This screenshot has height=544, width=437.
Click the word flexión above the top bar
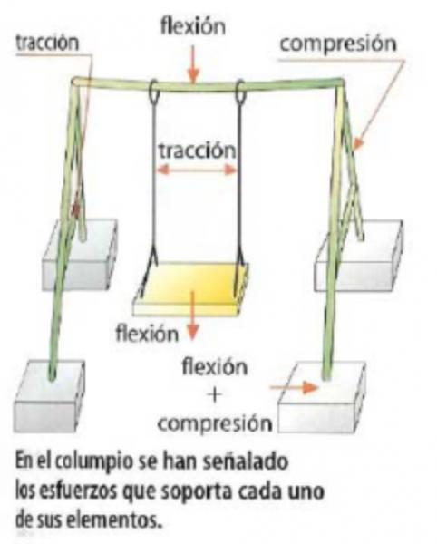[x=193, y=26]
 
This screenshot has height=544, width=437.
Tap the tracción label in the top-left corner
[x=47, y=43]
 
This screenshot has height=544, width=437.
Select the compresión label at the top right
[x=338, y=45]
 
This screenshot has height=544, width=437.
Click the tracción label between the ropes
[x=197, y=151]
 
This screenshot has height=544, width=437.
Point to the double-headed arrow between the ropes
[x=197, y=170]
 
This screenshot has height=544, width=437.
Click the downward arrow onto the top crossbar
[x=193, y=64]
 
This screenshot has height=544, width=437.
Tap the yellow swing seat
[x=191, y=288]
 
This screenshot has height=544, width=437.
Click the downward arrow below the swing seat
[x=193, y=316]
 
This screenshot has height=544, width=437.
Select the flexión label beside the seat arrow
[x=147, y=334]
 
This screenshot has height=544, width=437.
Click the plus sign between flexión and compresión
[x=215, y=395]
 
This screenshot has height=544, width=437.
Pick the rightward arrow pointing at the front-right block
[x=294, y=387]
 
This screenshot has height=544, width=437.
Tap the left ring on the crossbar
[x=153, y=92]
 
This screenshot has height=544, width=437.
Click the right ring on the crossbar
[x=240, y=92]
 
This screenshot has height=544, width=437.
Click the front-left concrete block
[x=49, y=396]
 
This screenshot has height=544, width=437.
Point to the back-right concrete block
[x=359, y=256]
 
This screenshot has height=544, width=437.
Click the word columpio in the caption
[x=94, y=462]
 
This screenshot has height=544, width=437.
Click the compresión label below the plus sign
[x=215, y=424]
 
